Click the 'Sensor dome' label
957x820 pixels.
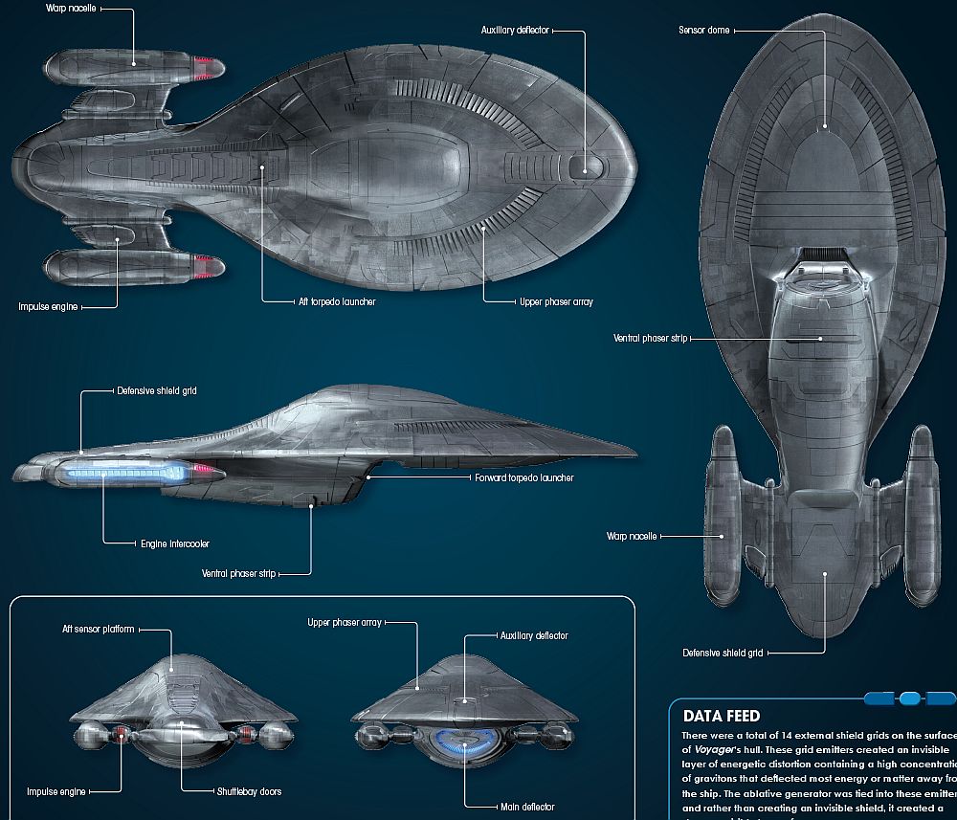(x=704, y=31)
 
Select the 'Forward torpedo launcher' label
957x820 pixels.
(x=523, y=477)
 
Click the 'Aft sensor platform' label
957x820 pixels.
(x=98, y=630)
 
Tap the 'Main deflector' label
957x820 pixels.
(x=526, y=808)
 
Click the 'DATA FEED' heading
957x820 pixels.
(x=722, y=716)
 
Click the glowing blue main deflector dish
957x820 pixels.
(x=466, y=740)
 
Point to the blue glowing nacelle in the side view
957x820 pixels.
(x=124, y=472)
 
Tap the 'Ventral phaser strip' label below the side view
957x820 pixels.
(x=238, y=574)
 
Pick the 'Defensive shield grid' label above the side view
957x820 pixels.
(x=156, y=391)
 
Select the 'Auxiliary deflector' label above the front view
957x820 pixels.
(x=534, y=635)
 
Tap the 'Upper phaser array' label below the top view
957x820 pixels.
(x=556, y=301)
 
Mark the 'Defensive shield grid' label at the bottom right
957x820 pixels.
(x=723, y=654)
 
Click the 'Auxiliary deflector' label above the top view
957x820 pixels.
(x=515, y=31)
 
